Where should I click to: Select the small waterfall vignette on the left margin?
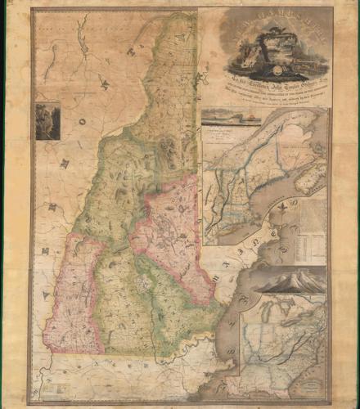pos(47,119)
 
